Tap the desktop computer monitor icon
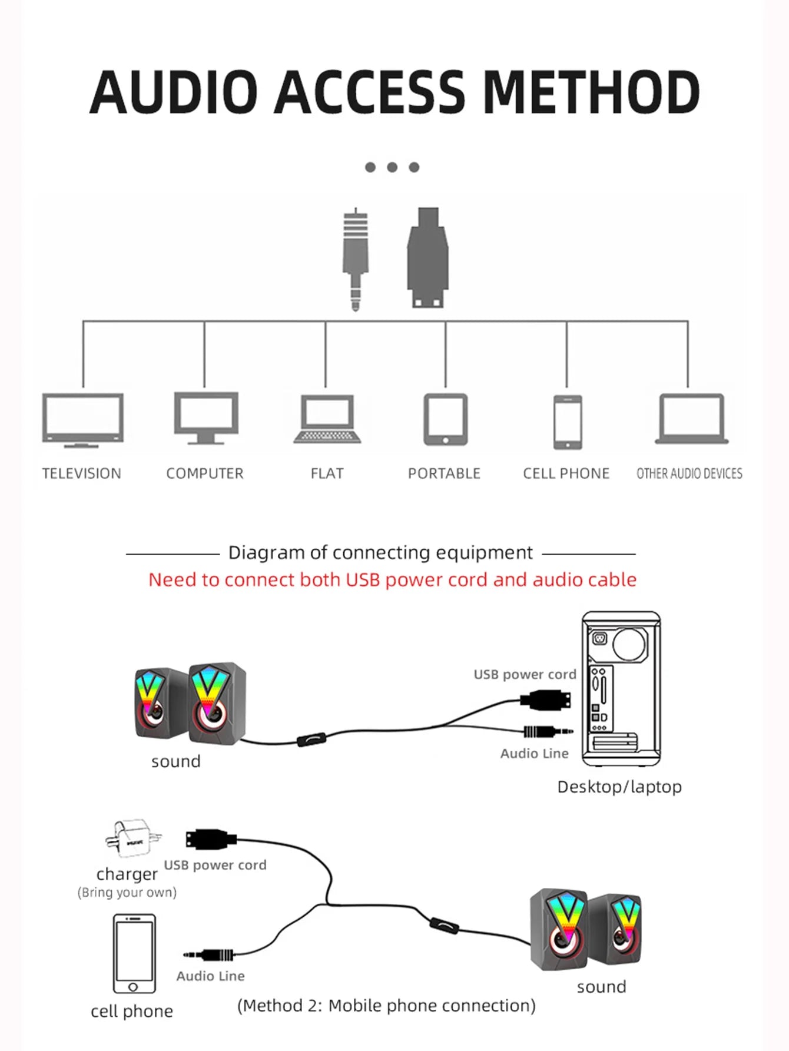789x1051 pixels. click(206, 417)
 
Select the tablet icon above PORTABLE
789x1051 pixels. click(446, 419)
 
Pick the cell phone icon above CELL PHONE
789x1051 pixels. click(568, 422)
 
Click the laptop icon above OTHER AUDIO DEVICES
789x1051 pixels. click(691, 419)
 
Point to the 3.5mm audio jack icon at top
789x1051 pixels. click(356, 259)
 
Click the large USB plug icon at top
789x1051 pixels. click(428, 258)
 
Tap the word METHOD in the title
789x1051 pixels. click(591, 92)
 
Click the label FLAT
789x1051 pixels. click(327, 473)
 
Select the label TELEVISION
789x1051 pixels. click(81, 473)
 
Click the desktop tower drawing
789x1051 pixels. click(621, 688)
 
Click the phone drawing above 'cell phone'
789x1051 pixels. click(134, 953)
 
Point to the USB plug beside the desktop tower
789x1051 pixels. click(546, 701)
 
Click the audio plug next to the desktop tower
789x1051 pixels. click(548, 732)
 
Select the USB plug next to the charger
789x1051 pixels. click(211, 839)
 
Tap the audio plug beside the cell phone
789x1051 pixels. click(210, 954)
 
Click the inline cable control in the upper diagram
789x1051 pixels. click(311, 739)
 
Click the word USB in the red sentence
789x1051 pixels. click(362, 580)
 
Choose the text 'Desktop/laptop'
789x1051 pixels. click(619, 787)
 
